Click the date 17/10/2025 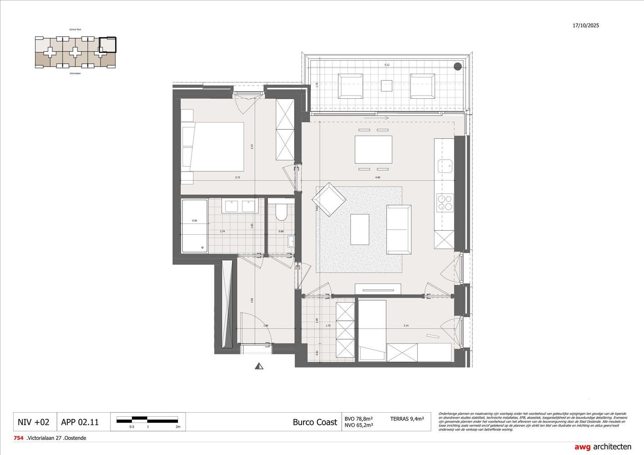[x=586, y=25]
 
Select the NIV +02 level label [x=33, y=422]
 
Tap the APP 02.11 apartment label [x=80, y=422]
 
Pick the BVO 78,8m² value [x=359, y=418]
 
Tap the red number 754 [x=19, y=438]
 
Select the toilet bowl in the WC [x=281, y=212]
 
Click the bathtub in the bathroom [x=195, y=226]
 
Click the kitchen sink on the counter [x=445, y=166]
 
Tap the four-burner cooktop [x=445, y=202]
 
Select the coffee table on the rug [x=360, y=229]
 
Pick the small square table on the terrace [x=386, y=86]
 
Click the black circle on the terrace [x=457, y=66]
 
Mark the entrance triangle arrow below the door [x=259, y=365]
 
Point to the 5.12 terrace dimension [x=386, y=65]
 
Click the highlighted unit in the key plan [x=108, y=45]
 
